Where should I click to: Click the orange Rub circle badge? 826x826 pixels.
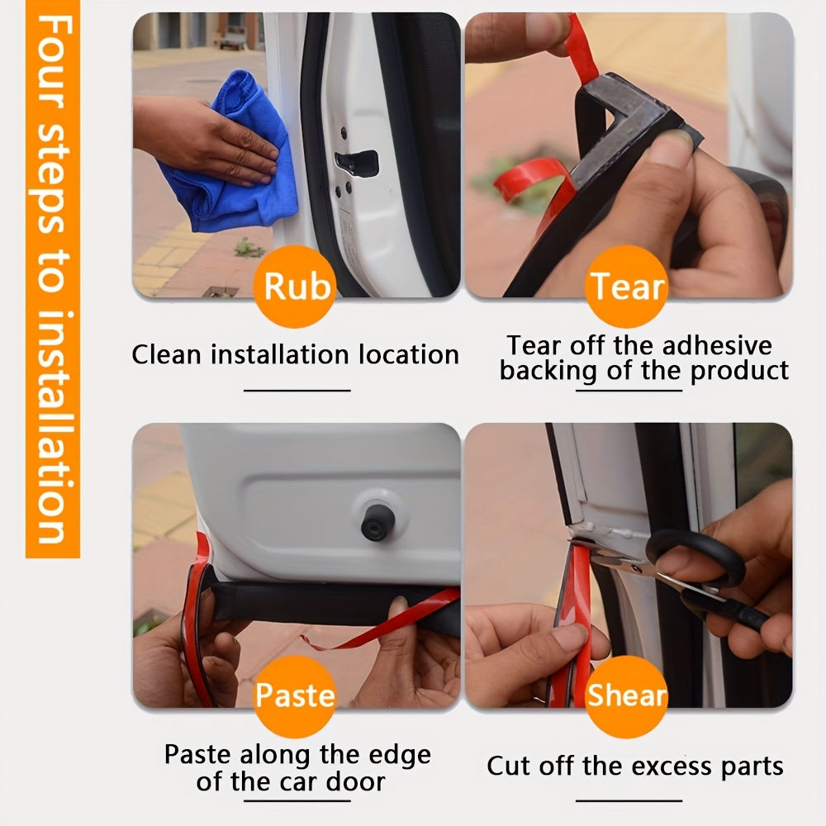pos(295,286)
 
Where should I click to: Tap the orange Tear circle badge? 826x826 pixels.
pos(626,286)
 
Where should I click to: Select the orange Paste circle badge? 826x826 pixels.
pos(295,695)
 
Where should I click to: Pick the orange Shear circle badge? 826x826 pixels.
pos(626,695)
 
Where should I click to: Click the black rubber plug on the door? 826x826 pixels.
pos(375,521)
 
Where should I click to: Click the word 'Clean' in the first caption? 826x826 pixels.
pos(167,354)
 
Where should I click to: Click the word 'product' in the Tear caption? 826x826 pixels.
pos(739,372)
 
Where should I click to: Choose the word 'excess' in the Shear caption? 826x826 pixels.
pos(667,767)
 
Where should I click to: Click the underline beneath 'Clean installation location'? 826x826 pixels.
pos(297,391)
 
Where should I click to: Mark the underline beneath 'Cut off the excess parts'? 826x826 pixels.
pos(629,800)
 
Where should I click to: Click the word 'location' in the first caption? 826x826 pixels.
pos(410,354)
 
